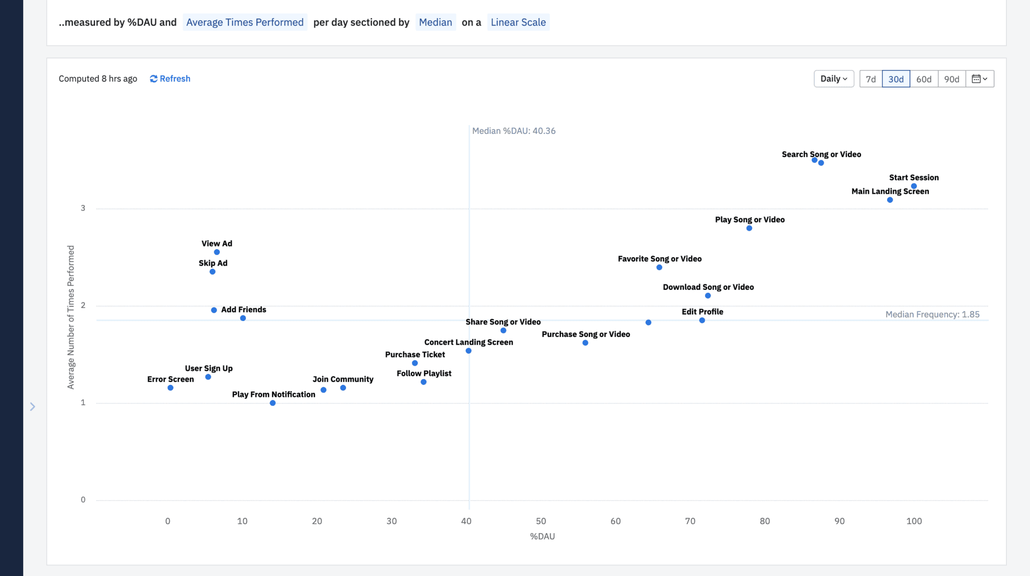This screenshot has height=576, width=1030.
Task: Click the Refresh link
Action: pos(170,78)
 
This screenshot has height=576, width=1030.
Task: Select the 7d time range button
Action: pos(871,79)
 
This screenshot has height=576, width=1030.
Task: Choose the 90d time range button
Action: pos(952,79)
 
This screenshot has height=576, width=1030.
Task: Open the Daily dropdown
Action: pos(833,78)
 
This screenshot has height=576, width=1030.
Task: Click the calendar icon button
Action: pos(979,79)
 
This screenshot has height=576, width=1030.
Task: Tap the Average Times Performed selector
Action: pos(245,22)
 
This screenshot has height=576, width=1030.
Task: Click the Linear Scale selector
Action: pos(518,22)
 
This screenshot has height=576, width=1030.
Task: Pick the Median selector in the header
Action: pos(435,22)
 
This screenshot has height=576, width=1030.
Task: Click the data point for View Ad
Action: pos(217,252)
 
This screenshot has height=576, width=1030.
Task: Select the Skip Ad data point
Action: pos(212,272)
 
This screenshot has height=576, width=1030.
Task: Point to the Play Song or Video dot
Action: pos(749,228)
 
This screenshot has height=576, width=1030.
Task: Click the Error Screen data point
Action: pos(170,388)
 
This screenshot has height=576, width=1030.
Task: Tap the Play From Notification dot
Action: pos(273,403)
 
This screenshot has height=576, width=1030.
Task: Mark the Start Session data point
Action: pos(914,186)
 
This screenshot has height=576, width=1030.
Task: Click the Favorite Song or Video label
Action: pos(659,259)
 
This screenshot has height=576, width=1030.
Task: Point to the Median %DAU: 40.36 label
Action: pos(513,131)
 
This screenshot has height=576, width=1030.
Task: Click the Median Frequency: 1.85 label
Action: pos(932,314)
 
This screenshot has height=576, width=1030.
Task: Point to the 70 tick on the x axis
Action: pos(690,521)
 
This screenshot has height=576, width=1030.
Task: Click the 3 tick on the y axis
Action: pos(83,208)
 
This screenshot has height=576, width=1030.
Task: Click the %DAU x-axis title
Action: pos(542,536)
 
